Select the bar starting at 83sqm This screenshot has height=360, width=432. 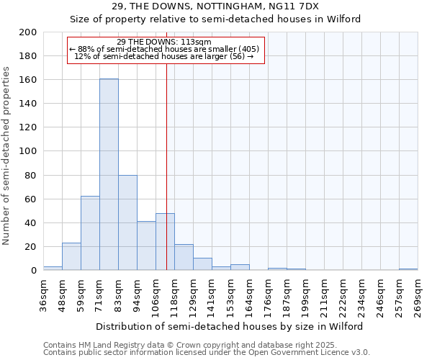pyautogui.click(x=127, y=222)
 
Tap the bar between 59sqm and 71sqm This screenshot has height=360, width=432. pyautogui.click(x=90, y=233)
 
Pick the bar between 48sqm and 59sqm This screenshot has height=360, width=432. pyautogui.click(x=71, y=256)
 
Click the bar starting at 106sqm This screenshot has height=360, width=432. pyautogui.click(x=165, y=242)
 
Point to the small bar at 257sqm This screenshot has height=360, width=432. pyautogui.click(x=408, y=269)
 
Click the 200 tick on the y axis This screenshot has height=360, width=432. pyautogui.click(x=28, y=32)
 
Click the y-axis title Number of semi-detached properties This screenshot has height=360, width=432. pyautogui.click(x=7, y=156)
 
